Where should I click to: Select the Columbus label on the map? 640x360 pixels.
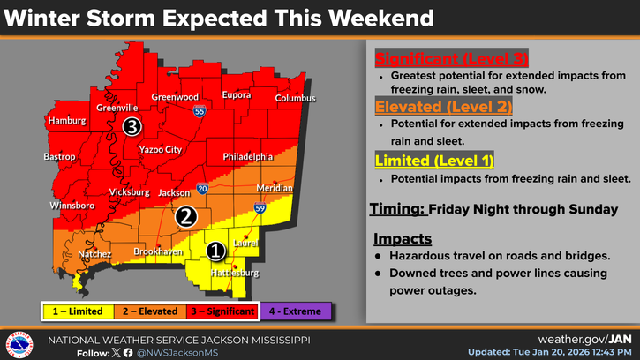pyautogui.click(x=295, y=98)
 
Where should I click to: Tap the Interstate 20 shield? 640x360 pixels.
pyautogui.click(x=202, y=188)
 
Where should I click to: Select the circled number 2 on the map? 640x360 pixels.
pyautogui.click(x=185, y=215)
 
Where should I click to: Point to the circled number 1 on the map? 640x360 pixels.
pyautogui.click(x=214, y=251)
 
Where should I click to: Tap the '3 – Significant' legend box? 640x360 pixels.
pyautogui.click(x=222, y=311)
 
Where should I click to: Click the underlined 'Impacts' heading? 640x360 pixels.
pyautogui.click(x=402, y=238)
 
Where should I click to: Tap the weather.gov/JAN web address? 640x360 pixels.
pyautogui.click(x=584, y=339)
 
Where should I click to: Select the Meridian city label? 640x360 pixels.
pyautogui.click(x=275, y=189)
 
